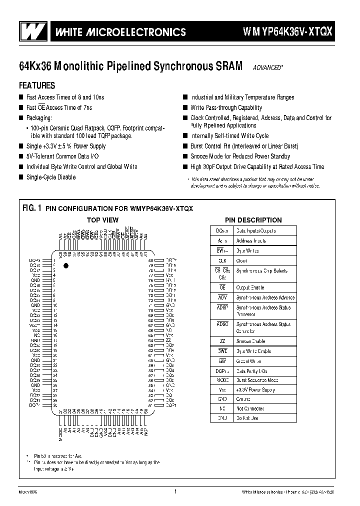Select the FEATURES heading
tap(37, 85)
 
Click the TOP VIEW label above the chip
tap(103, 220)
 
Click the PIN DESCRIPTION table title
tap(253, 220)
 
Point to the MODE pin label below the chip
tap(61, 434)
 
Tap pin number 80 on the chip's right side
tap(150, 260)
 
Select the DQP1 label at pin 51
tap(170, 404)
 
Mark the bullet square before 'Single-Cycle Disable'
tap(21, 177)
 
